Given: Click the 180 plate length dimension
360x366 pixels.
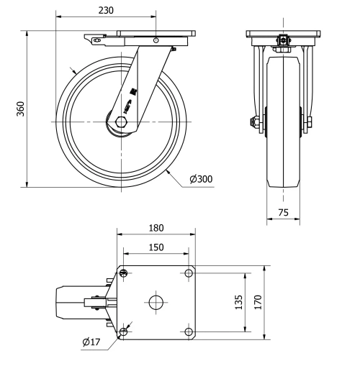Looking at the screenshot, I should click(x=156, y=228).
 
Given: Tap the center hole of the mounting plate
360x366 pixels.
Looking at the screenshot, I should click(x=156, y=301).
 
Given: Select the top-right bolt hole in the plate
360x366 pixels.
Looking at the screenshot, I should click(x=189, y=273).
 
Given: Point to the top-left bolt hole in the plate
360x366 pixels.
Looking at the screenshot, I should click(x=124, y=273).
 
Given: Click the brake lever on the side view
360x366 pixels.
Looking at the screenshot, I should click(x=92, y=39).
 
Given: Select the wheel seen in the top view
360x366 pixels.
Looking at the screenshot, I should click(x=72, y=302).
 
